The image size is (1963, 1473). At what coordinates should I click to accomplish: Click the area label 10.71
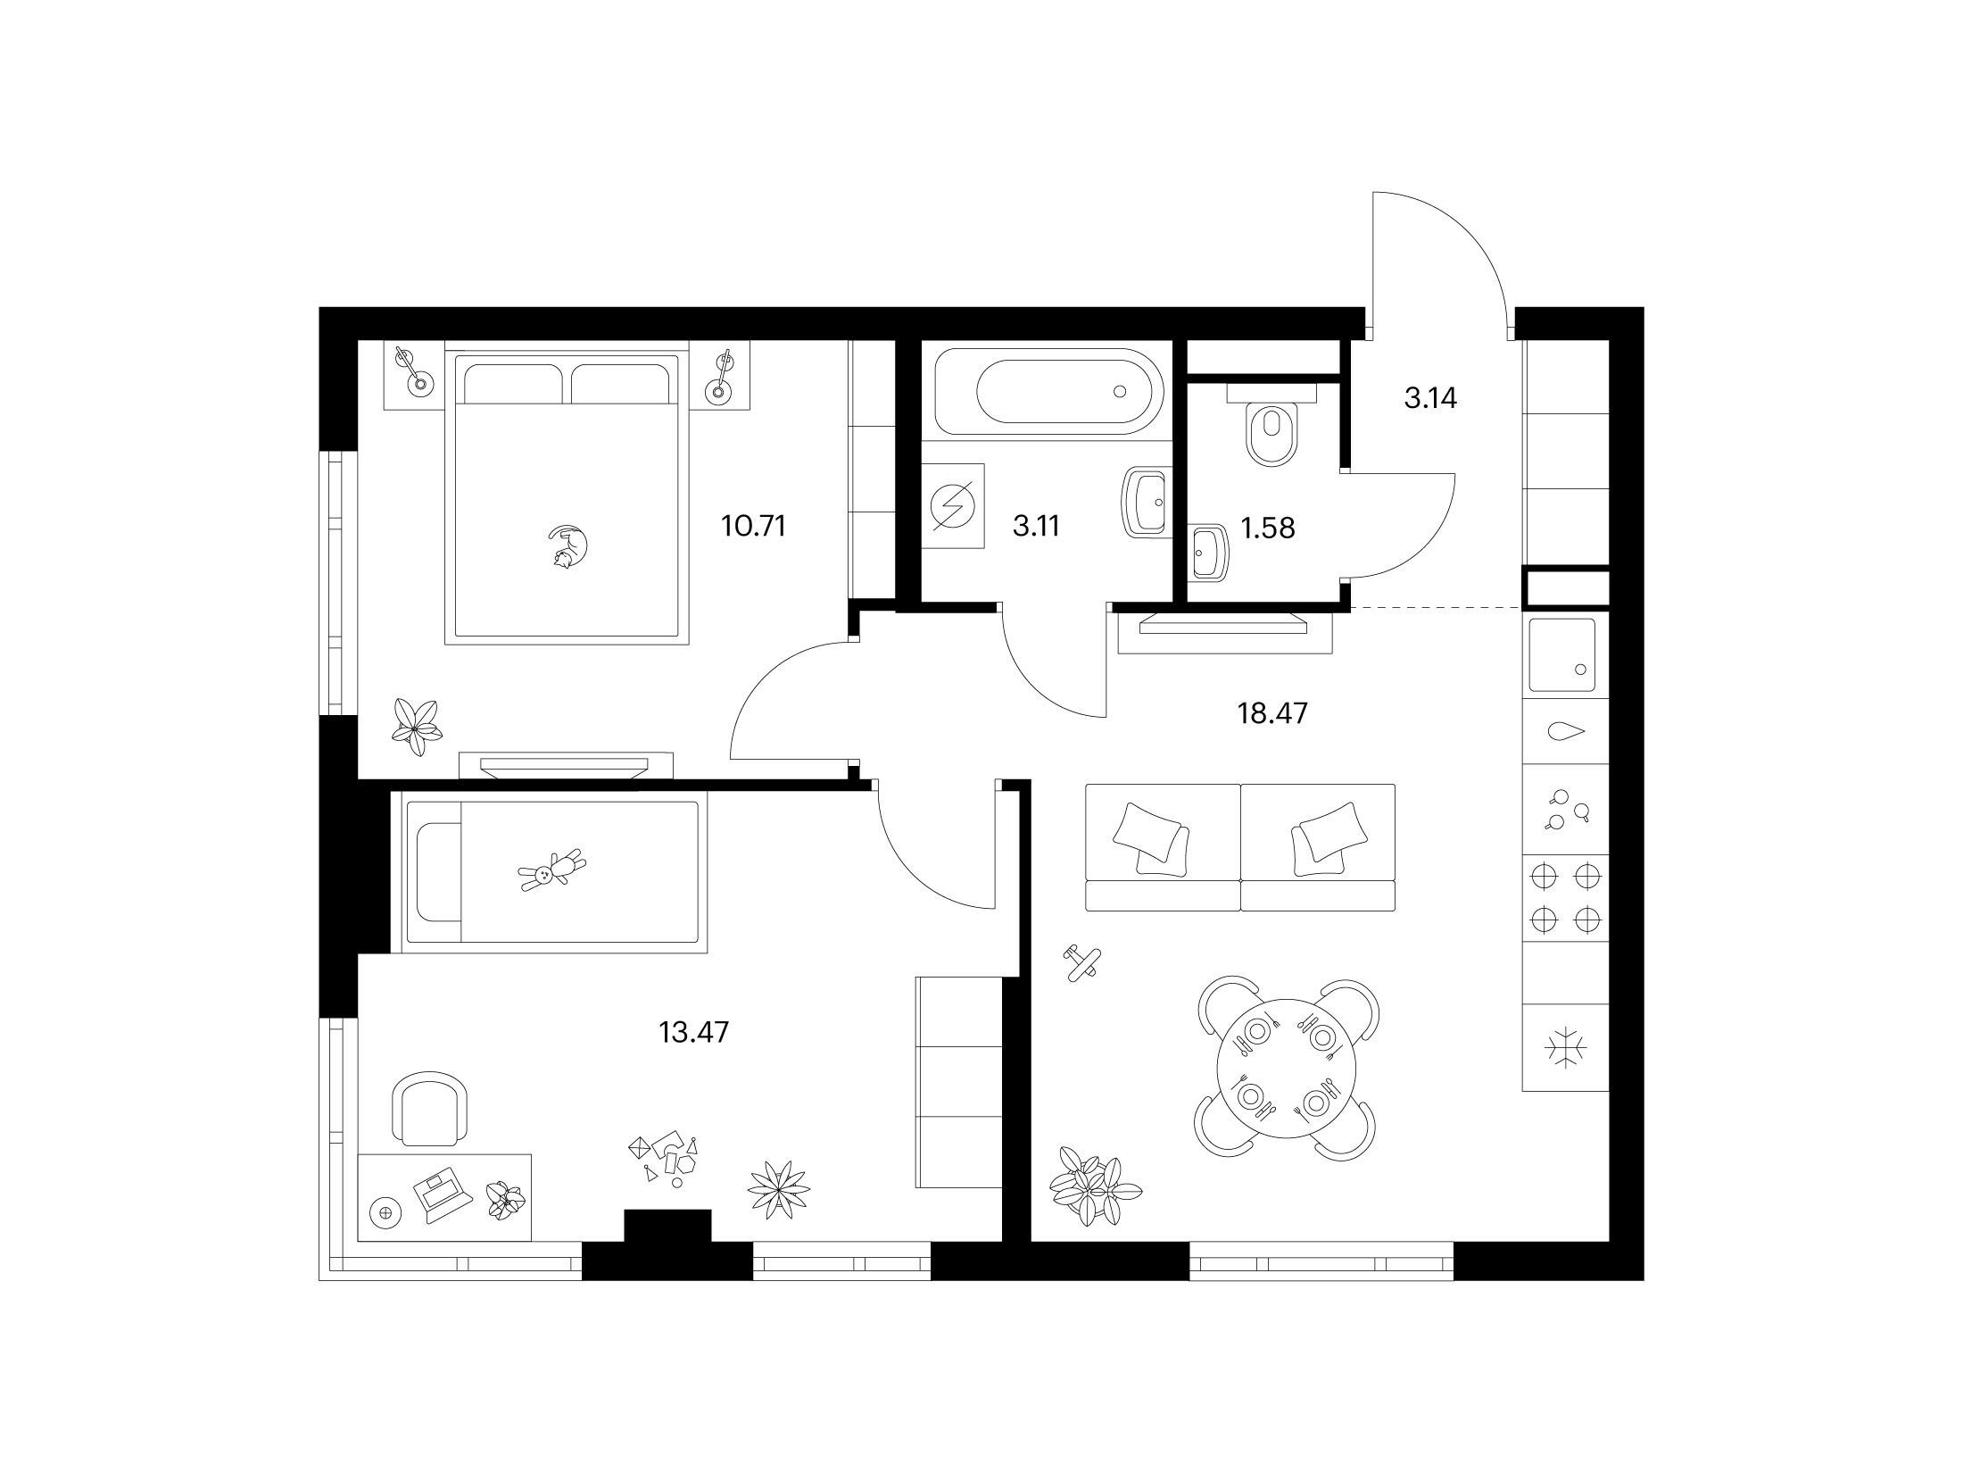coord(754,526)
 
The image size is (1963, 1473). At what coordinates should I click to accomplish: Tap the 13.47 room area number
coord(694,1032)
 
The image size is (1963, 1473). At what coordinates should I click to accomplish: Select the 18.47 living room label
coord(1272,713)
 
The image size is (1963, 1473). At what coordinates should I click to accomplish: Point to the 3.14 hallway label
coord(1430,398)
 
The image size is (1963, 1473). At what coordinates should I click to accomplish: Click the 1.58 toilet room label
coord(1268,528)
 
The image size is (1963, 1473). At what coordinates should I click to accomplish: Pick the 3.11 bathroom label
coord(1036,526)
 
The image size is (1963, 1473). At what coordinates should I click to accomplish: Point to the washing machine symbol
coord(952,506)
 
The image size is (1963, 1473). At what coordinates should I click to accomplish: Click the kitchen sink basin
coord(1562,655)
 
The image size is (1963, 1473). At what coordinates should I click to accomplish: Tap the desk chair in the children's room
coord(431,1108)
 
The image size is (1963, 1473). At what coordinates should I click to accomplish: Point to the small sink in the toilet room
coord(1209,552)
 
